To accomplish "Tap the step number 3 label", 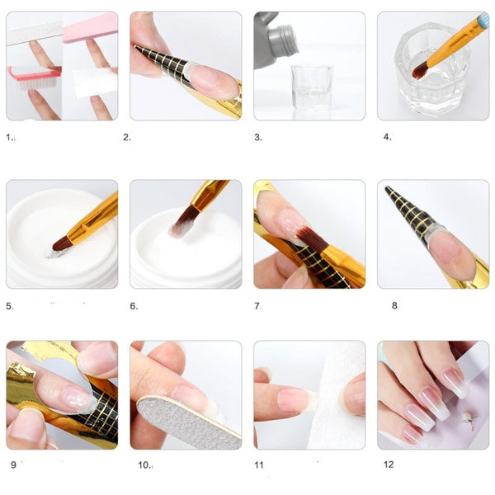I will [x=258, y=138].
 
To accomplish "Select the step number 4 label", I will [x=387, y=137].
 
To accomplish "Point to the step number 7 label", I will [x=257, y=306].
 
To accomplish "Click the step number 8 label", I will [x=394, y=305].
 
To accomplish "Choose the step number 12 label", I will [x=389, y=464].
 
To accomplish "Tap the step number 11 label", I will [x=259, y=464].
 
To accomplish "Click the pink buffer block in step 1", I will [x=91, y=27].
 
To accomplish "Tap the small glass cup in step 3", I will [x=312, y=87].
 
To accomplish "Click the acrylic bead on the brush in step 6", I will [x=176, y=230].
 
